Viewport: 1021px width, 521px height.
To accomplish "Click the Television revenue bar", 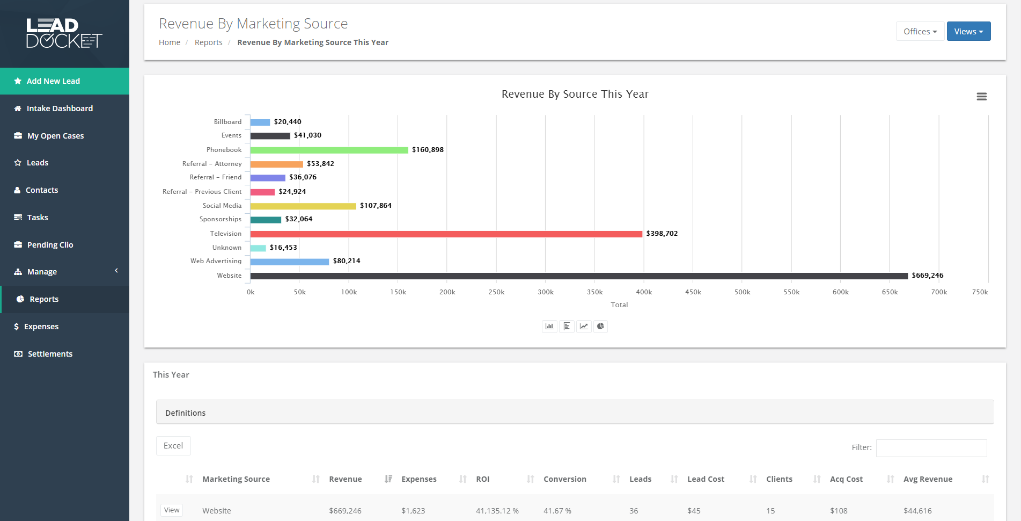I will pos(446,234).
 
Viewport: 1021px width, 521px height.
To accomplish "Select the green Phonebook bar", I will pos(329,150).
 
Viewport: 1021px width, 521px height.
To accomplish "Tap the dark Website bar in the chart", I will pos(578,276).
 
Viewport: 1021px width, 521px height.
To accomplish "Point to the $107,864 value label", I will pos(376,206).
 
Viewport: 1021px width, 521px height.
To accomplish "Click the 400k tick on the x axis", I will pos(644,292).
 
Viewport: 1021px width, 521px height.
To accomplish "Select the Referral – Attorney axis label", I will pos(212,164).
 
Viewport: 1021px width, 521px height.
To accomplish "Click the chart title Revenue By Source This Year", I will pos(575,94).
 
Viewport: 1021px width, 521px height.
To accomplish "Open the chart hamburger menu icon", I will pos(981,97).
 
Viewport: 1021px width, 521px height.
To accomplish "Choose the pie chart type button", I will pos(600,326).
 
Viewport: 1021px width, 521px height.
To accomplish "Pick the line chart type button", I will pos(583,326).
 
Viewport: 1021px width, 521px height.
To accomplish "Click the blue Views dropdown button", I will pos(968,32).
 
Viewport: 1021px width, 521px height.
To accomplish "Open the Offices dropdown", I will pos(920,32).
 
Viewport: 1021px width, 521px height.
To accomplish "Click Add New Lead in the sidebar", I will pos(53,81).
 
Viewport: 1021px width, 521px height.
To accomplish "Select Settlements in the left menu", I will pos(50,354).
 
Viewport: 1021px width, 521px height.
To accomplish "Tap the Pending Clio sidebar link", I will pos(50,245).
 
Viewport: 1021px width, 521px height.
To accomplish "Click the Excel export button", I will pos(173,446).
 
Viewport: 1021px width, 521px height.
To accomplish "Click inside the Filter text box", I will pos(931,448).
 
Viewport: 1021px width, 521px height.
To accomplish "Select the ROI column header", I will pos(482,479).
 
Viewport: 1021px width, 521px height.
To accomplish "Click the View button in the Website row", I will pos(172,510).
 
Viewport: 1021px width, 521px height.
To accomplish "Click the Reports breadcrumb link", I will pos(208,42).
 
